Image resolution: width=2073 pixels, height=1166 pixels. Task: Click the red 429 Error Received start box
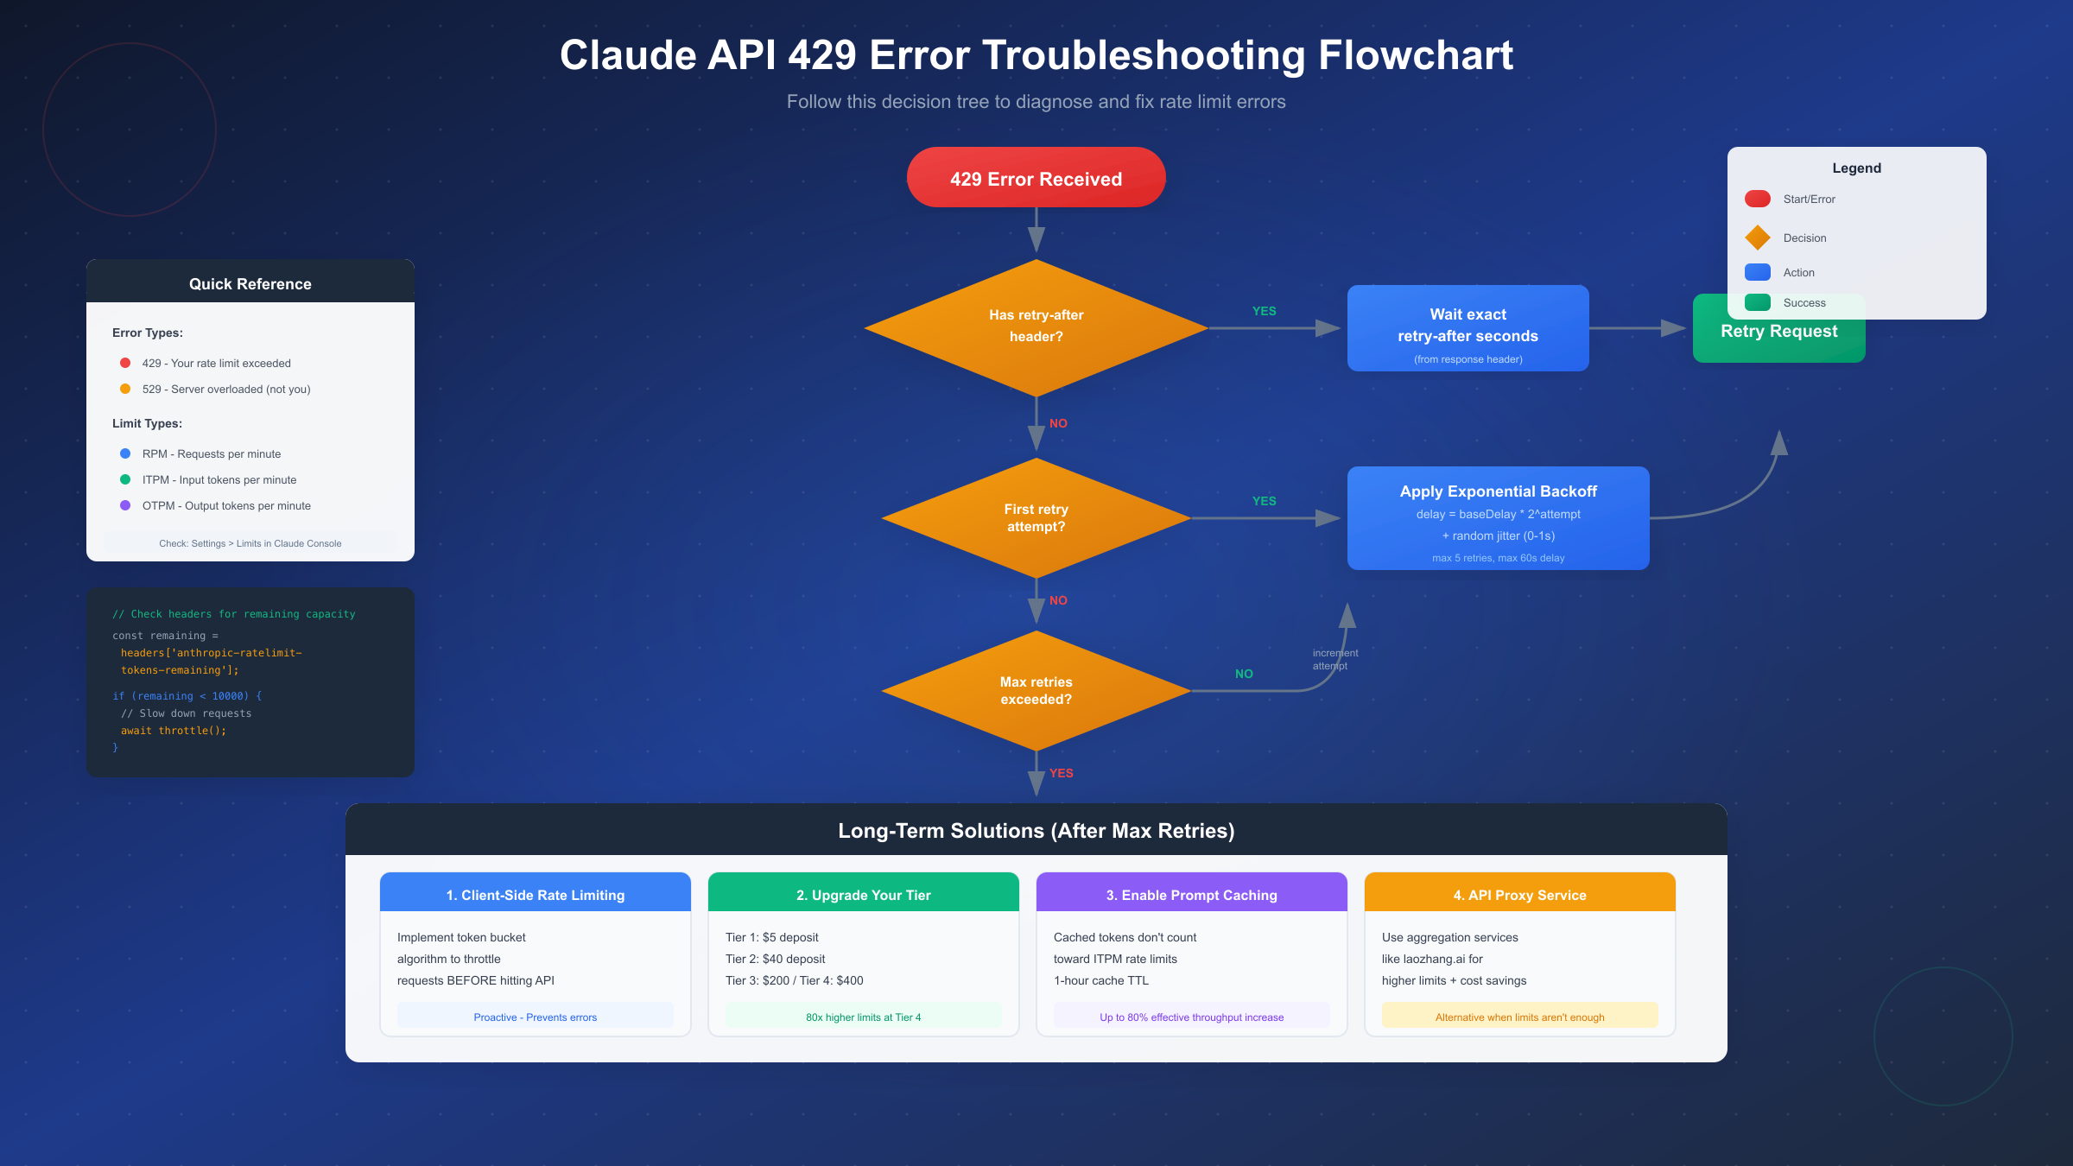click(x=1036, y=178)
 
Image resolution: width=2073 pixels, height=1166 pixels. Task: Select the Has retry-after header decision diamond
click(x=1036, y=326)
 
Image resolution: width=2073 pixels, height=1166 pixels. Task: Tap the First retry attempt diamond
click(x=1036, y=517)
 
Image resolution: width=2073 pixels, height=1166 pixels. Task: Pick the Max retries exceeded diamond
click(x=1036, y=690)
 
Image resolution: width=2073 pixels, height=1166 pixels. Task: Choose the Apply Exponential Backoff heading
click(x=1498, y=491)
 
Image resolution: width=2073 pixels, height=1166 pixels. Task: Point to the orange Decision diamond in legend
click(x=1757, y=238)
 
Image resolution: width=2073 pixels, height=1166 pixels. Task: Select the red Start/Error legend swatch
click(x=1757, y=199)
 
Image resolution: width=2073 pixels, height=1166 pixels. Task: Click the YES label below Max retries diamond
click(x=1061, y=773)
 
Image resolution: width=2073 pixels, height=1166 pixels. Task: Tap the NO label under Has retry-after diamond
click(x=1058, y=423)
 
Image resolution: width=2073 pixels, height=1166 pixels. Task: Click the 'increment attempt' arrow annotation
click(x=1334, y=659)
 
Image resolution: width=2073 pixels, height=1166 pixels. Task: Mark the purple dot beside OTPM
click(x=125, y=505)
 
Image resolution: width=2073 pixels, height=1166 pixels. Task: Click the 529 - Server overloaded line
click(x=225, y=390)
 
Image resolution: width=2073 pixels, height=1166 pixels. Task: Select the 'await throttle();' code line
click(x=173, y=731)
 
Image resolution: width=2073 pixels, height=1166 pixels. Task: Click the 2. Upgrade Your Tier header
click(x=863, y=894)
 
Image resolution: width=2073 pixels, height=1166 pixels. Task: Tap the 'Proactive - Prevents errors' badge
click(x=535, y=1017)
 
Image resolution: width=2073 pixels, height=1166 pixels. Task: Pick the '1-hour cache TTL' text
click(x=1100, y=980)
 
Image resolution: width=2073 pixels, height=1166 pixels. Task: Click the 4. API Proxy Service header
click(x=1519, y=894)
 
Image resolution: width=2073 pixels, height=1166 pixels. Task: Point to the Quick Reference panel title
click(x=250, y=283)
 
